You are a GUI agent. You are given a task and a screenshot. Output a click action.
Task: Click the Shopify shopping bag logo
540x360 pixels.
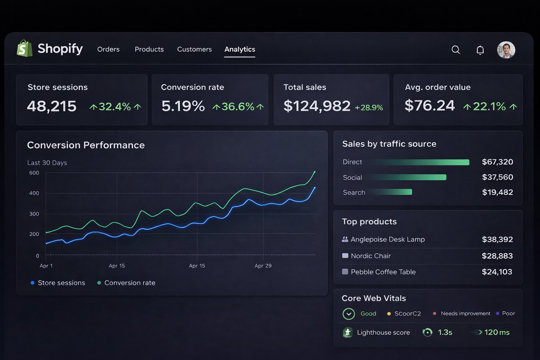(x=25, y=49)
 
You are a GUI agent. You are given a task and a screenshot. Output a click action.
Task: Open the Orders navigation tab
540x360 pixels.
(x=109, y=49)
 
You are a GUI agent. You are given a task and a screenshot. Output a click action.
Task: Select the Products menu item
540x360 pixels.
(x=149, y=49)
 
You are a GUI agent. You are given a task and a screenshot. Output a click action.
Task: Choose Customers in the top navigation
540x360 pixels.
(x=194, y=49)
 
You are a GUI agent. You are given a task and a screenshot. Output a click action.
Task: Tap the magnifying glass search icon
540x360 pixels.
(x=456, y=50)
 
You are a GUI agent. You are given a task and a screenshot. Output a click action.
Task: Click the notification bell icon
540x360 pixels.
(x=480, y=50)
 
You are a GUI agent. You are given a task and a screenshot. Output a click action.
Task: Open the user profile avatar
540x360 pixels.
(x=506, y=50)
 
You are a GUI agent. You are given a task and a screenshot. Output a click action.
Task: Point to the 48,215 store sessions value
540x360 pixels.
(x=52, y=106)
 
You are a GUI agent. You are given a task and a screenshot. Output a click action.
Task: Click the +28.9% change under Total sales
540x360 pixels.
(x=369, y=108)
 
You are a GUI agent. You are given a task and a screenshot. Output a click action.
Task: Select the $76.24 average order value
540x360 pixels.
(x=430, y=105)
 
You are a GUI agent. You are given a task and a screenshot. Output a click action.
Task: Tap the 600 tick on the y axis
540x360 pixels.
(x=34, y=173)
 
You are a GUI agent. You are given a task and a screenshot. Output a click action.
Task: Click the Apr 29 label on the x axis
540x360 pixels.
(x=263, y=266)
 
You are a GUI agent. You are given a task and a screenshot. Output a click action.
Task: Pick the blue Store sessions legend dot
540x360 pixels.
(x=33, y=283)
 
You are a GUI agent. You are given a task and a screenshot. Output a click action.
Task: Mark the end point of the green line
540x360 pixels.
(x=315, y=172)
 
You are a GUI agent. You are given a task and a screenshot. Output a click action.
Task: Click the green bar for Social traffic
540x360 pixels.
(x=406, y=177)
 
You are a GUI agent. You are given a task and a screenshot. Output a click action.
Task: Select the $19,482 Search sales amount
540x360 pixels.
(x=497, y=192)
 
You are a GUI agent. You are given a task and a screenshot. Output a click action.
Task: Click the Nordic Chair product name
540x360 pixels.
(x=371, y=256)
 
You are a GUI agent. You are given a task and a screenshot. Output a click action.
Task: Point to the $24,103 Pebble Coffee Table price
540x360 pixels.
(x=497, y=272)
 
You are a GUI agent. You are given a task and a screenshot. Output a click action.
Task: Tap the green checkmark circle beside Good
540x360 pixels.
(x=349, y=314)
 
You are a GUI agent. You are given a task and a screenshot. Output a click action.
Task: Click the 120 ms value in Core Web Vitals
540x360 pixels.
(x=497, y=332)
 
